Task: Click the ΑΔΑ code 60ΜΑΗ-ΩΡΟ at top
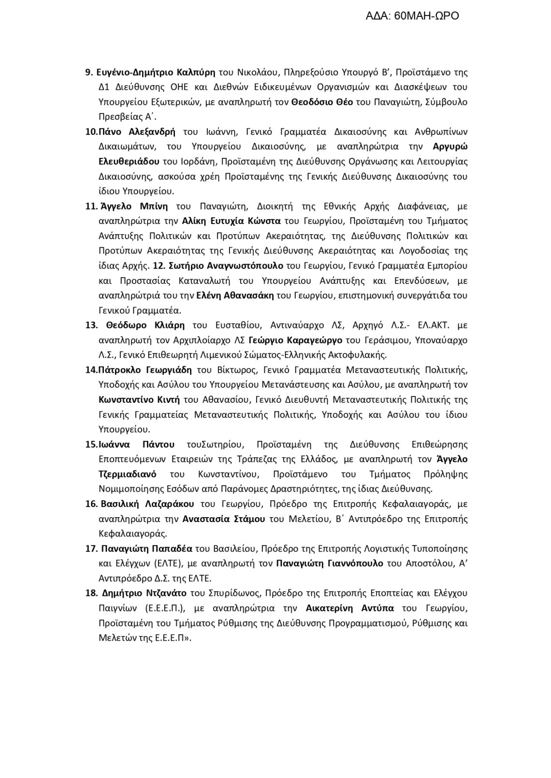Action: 412,16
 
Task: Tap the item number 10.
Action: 91,132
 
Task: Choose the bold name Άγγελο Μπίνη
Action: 134,206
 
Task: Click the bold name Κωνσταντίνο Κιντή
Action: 139,399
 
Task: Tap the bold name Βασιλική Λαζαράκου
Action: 147,504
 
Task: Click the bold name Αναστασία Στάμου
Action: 224,519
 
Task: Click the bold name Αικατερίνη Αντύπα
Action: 350,608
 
